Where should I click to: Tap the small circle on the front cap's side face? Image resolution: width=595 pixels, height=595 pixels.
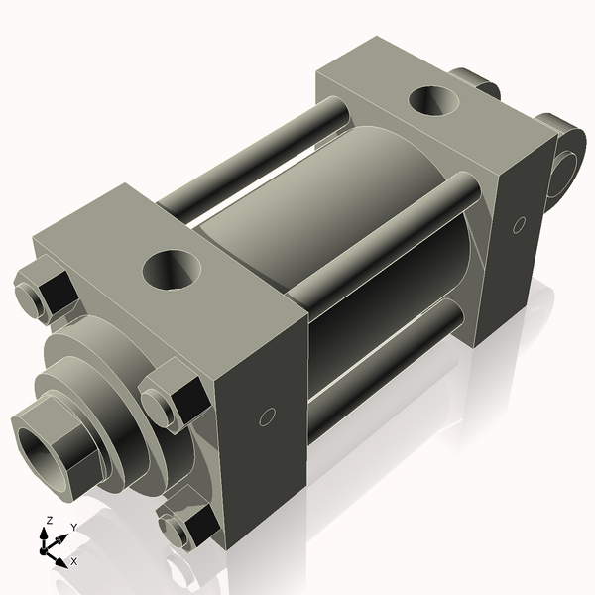(x=265, y=417)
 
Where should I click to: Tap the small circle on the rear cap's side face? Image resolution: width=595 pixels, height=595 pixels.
(x=518, y=226)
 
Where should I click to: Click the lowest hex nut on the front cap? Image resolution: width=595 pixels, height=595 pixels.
(x=189, y=527)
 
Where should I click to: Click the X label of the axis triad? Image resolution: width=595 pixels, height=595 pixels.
(x=72, y=561)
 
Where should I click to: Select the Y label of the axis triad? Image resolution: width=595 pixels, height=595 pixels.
(x=73, y=526)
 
